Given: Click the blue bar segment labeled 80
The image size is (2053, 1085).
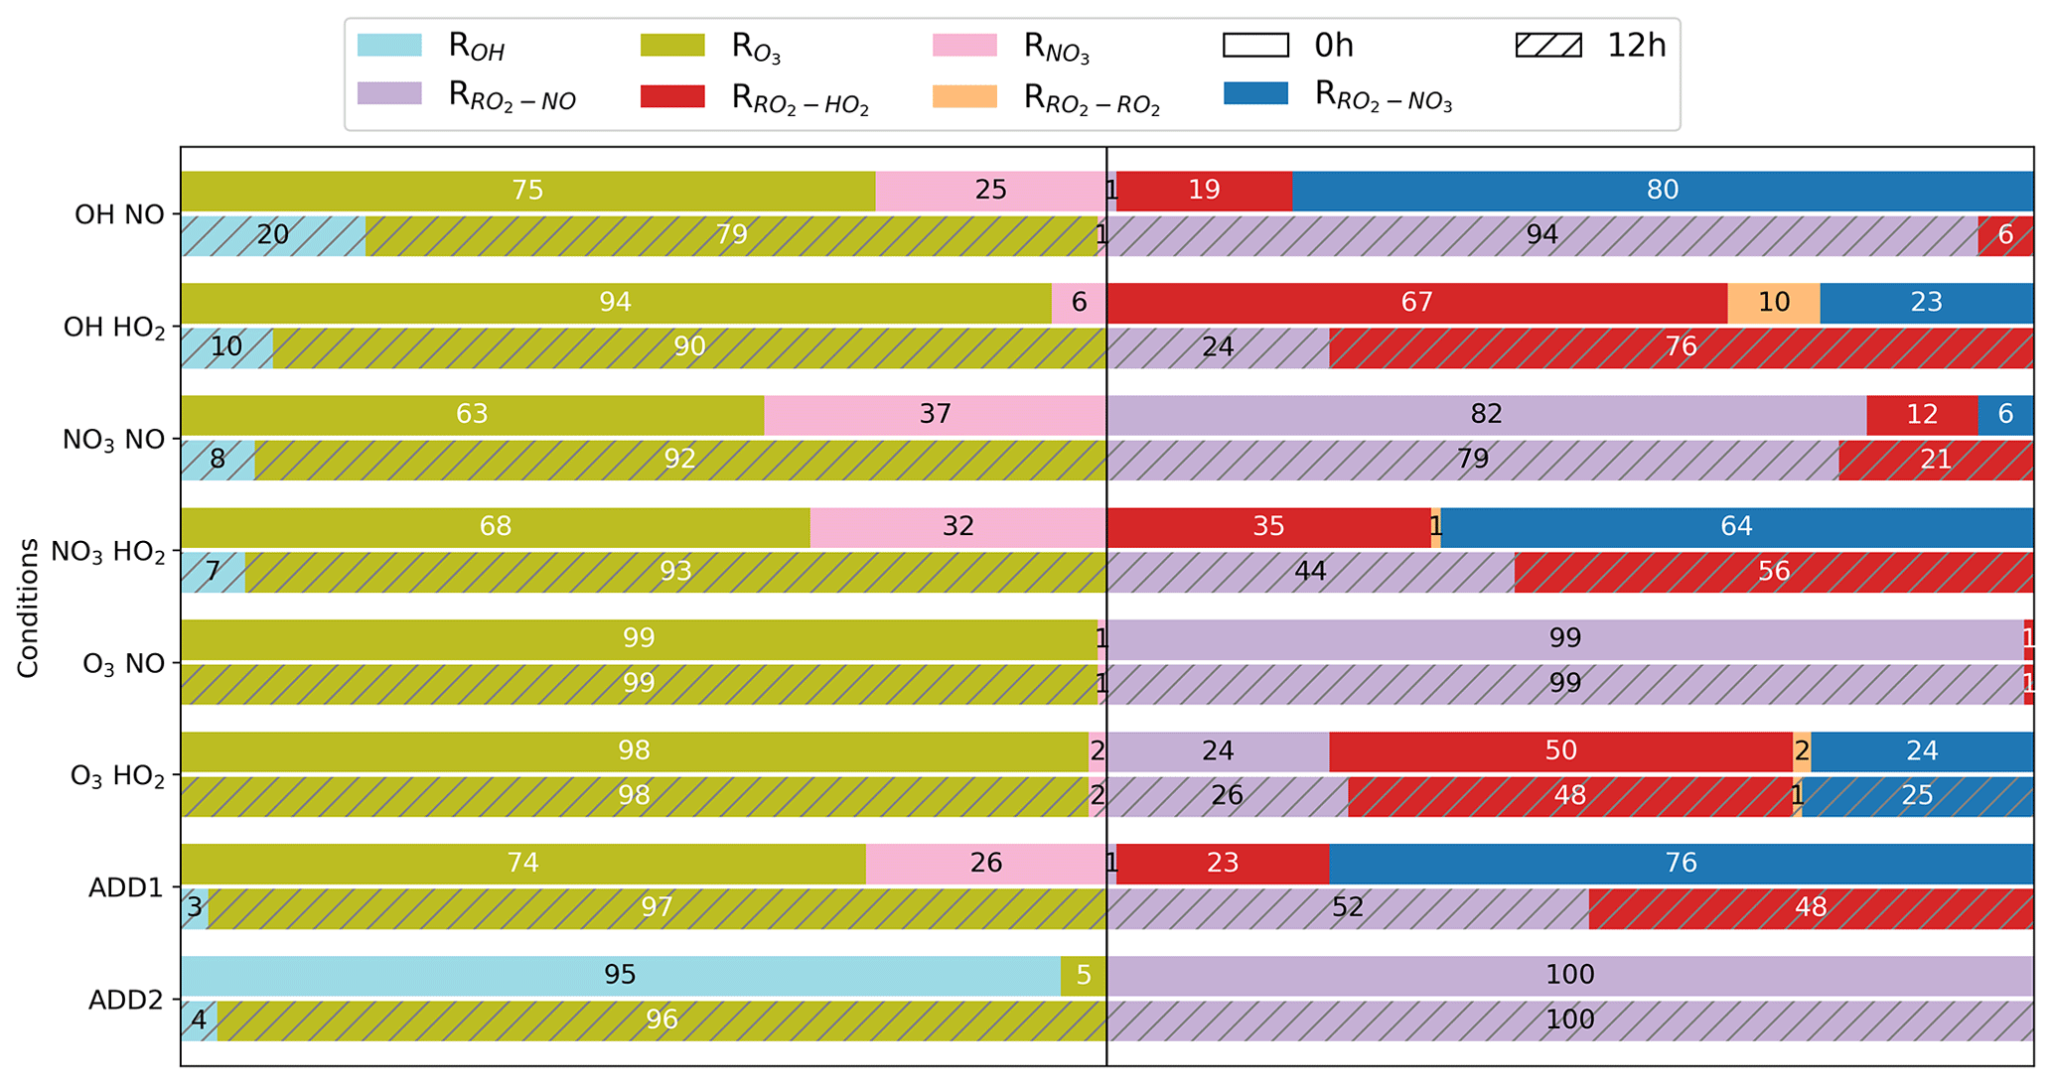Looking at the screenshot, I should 1662,191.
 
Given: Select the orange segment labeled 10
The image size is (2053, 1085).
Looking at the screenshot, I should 1773,303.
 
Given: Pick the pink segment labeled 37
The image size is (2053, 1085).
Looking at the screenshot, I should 935,415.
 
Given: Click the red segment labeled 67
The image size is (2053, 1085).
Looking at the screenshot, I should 1416,303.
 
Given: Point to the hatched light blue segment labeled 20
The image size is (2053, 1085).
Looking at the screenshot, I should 272,235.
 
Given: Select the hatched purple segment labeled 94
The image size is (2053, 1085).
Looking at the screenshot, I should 1541,235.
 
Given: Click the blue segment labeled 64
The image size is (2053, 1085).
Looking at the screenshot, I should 1736,527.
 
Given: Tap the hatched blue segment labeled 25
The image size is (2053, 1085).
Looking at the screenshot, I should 1917,796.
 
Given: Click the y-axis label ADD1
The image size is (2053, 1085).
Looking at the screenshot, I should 125,887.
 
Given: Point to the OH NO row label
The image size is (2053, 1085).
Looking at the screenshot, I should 119,215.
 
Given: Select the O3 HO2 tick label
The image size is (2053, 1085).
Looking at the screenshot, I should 117,776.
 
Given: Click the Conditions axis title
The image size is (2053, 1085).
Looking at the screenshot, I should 28,608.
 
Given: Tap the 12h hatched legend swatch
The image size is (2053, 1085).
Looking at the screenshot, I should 1548,46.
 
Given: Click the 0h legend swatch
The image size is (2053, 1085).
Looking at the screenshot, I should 1255,46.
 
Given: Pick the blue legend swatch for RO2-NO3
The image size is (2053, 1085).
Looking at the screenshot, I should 1255,94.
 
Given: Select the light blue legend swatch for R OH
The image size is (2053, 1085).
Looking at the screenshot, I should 389,46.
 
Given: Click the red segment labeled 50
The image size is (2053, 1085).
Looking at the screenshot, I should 1560,751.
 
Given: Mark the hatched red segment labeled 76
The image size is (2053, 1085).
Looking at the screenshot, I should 1681,347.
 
